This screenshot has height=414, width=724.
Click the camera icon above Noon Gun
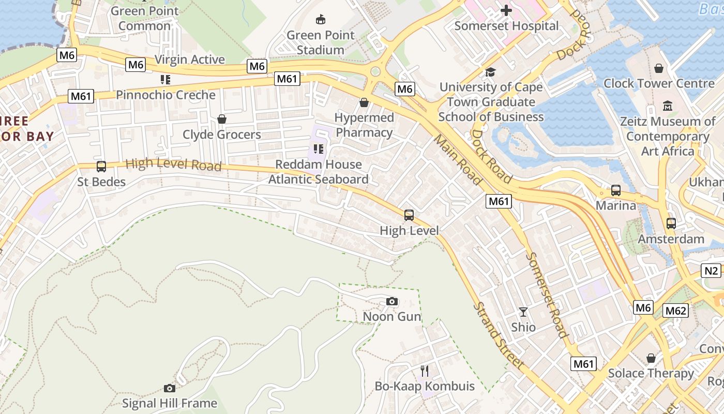(392, 301)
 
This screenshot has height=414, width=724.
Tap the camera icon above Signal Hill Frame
(169, 388)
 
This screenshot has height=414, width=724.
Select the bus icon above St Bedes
(101, 167)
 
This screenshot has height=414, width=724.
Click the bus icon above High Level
(409, 215)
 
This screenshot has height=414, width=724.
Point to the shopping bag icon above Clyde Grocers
(222, 119)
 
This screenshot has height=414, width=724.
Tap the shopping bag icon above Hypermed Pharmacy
(364, 102)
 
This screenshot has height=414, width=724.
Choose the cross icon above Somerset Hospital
(506, 10)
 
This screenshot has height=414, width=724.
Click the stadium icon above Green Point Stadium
(321, 20)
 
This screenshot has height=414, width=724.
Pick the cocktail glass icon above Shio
(523, 312)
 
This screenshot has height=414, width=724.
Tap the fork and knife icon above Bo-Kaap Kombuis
(425, 371)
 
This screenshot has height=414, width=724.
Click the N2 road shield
(712, 271)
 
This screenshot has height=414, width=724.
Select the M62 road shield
(675, 310)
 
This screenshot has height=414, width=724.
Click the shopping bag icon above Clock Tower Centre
(659, 68)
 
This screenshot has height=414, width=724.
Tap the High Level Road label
(173, 165)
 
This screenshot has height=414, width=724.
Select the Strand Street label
(499, 335)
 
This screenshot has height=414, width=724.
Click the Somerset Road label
(547, 295)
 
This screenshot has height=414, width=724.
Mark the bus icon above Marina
(616, 190)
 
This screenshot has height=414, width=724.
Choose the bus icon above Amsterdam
(671, 224)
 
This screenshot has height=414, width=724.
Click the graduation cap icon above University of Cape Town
(490, 72)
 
